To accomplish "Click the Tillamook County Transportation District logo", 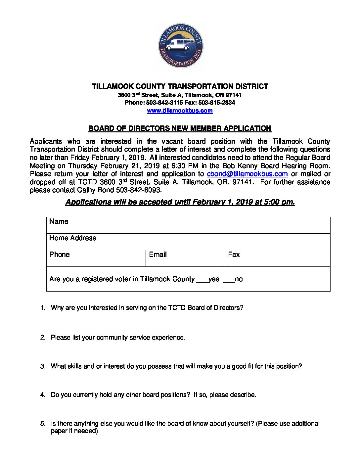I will (181, 46).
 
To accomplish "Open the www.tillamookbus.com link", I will (180, 111).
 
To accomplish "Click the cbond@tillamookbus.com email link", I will (247, 174).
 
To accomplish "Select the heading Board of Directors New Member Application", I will (180, 128).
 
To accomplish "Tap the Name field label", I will (59, 221).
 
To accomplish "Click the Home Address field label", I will (72, 238).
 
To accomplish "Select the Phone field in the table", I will (96, 258).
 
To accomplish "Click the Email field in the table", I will (185, 258).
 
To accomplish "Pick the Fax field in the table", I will (277, 258).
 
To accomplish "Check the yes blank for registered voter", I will (202, 280).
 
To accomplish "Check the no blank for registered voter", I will (229, 280).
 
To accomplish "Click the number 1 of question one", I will (42, 308).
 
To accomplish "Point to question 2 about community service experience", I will (118, 338).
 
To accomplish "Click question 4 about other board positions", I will (154, 395).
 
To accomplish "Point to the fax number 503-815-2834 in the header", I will (217, 103).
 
